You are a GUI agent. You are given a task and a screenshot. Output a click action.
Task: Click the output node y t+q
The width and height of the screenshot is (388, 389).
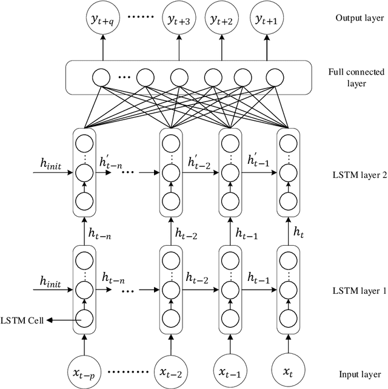click(102, 19)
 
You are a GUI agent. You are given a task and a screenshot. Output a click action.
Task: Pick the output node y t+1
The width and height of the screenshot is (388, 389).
click(268, 19)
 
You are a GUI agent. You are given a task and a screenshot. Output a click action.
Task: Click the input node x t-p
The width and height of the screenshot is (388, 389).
click(83, 370)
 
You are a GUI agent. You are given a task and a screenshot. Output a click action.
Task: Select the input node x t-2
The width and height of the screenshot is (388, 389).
click(170, 370)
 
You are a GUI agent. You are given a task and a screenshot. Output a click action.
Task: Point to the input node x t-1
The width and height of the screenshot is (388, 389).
click(229, 370)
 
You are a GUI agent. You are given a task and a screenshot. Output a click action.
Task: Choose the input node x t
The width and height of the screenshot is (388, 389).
click(288, 370)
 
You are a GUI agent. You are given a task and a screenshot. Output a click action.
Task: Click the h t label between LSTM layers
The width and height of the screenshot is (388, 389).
click(299, 231)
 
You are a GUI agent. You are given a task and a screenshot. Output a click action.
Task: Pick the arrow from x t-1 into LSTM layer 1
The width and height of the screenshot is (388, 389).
click(229, 342)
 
